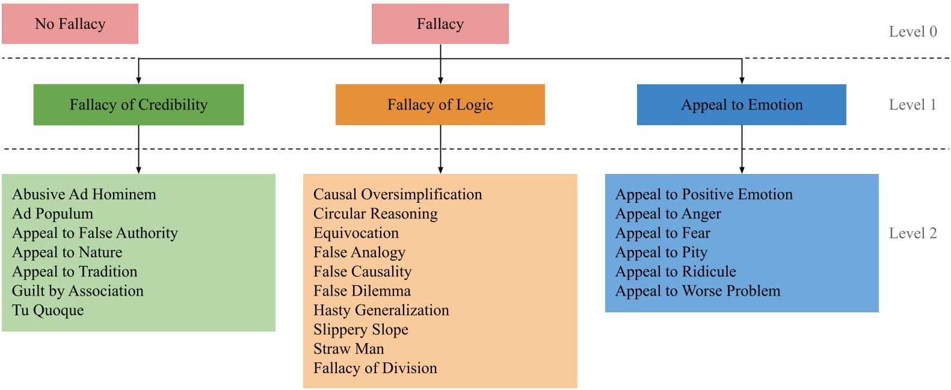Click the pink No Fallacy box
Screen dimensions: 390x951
[x=70, y=24]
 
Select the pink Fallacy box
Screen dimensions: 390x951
[x=440, y=24]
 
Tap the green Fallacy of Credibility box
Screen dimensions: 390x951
[x=138, y=105]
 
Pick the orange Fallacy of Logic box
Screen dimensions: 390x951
[x=440, y=105]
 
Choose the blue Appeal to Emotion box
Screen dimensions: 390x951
[x=741, y=105]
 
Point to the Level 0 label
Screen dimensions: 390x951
[x=913, y=32]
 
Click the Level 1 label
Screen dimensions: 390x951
[x=913, y=105]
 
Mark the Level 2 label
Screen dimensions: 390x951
[x=913, y=234]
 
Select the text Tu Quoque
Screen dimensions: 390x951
[x=48, y=311]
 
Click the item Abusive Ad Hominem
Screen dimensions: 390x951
[x=84, y=194]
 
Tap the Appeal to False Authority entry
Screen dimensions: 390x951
[x=95, y=233]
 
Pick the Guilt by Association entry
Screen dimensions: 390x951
[x=78, y=291]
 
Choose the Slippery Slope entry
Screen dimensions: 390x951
[x=361, y=330]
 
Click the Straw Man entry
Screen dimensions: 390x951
[x=349, y=349]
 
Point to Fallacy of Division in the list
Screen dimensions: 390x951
[x=375, y=368]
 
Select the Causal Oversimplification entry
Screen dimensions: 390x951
[x=398, y=194]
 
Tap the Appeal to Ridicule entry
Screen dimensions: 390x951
[x=676, y=272]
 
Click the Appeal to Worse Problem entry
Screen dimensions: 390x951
[x=698, y=291]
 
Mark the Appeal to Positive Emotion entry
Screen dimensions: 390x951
[x=704, y=194]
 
